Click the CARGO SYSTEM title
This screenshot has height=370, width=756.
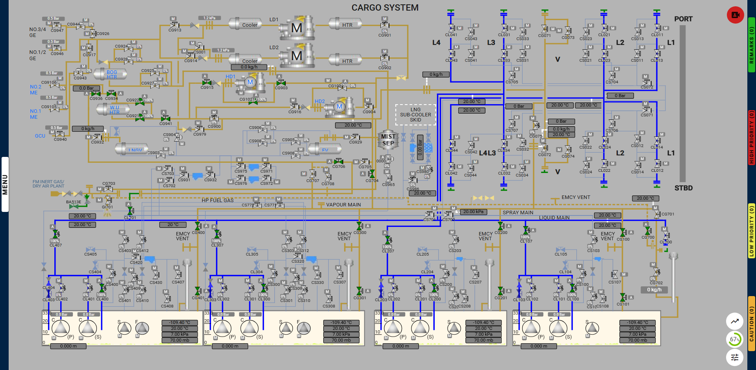pos(385,8)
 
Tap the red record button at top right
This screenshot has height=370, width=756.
pos(735,15)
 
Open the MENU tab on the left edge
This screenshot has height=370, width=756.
pos(5,184)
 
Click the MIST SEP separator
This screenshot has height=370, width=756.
pos(388,140)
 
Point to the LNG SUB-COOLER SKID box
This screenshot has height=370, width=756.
pos(415,115)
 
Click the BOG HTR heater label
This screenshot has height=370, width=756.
pos(112,75)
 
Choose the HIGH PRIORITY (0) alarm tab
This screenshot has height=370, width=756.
pos(751,137)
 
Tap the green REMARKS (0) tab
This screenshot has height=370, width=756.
pos(751,45)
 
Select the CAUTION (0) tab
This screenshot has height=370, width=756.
pos(751,323)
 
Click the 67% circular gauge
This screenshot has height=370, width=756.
pos(735,339)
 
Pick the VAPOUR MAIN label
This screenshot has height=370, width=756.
pos(343,205)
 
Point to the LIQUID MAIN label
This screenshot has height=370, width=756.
pos(554,218)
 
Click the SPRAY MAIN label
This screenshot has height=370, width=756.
pos(518,213)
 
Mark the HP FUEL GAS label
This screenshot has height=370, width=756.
pos(217,201)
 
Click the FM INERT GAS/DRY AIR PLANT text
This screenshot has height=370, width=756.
pos(48,184)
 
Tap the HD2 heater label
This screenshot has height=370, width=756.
pos(320,101)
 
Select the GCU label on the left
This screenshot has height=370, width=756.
pos(40,136)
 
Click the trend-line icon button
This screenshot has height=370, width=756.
pos(735,321)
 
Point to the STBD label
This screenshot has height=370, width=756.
pos(683,188)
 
